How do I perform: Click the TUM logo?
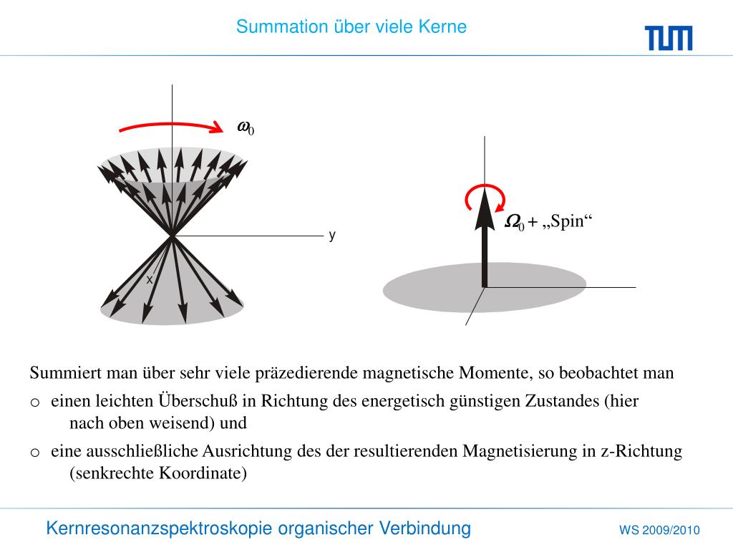pyautogui.click(x=668, y=37)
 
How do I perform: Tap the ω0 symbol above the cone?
pyautogui.click(x=246, y=127)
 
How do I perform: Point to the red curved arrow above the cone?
pyautogui.click(x=172, y=126)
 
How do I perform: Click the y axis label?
pyautogui.click(x=332, y=236)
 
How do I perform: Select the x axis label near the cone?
pyautogui.click(x=150, y=280)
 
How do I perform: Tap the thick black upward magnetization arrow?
pyautogui.click(x=485, y=243)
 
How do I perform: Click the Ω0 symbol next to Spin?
pyautogui.click(x=514, y=223)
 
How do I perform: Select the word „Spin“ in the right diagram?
pyautogui.click(x=568, y=222)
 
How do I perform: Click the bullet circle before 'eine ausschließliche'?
pyautogui.click(x=34, y=453)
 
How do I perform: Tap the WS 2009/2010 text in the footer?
pyautogui.click(x=659, y=531)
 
